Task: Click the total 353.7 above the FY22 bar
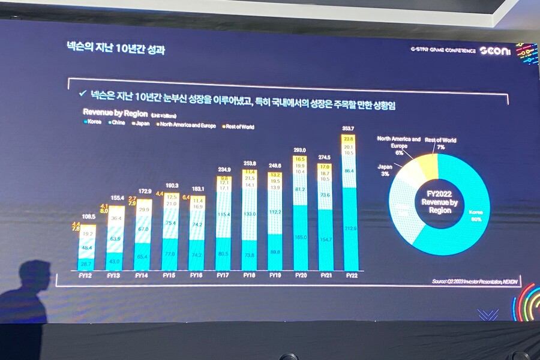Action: (348, 128)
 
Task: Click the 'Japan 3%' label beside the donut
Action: (385, 169)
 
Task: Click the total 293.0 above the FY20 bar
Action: (300, 150)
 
